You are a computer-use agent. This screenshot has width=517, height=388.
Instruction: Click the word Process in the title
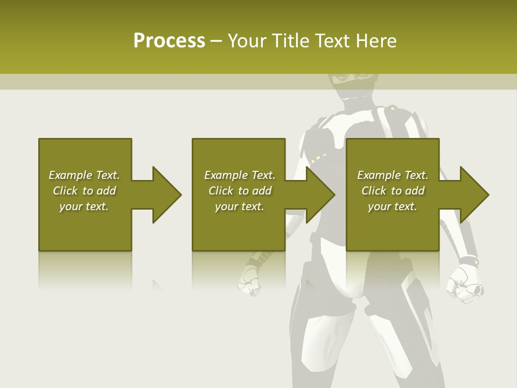pos(169,41)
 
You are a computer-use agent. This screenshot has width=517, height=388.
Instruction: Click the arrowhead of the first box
pos(164,195)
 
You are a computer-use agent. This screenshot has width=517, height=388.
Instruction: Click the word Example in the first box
pos(71,175)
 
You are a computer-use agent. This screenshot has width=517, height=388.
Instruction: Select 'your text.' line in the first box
pos(84,206)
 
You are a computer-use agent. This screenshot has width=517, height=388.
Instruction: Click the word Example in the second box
pos(226,175)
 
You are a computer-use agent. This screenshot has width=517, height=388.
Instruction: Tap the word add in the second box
pos(262,191)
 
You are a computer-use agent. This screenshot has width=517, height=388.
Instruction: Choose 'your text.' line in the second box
pos(240,206)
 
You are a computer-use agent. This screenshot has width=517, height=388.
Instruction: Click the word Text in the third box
pos(416,175)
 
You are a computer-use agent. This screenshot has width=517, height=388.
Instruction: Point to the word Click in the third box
pos(374,191)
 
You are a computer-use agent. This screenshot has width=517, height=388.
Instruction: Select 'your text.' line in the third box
pos(393,206)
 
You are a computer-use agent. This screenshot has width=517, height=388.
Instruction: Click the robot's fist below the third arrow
pos(464,280)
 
